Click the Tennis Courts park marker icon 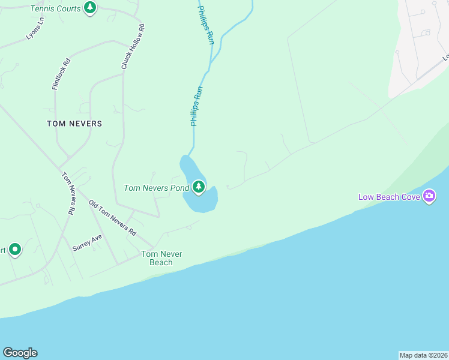pyautogui.click(x=90, y=8)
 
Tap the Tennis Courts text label pyautogui.click(x=56, y=9)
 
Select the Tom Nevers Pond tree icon pyautogui.click(x=199, y=188)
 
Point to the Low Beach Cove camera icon pyautogui.click(x=429, y=196)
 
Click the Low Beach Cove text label pyautogui.click(x=389, y=197)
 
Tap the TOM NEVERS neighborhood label pyautogui.click(x=74, y=124)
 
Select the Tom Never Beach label pyautogui.click(x=161, y=258)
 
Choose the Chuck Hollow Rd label pyautogui.click(x=133, y=46)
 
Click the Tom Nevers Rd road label pyautogui.click(x=68, y=194)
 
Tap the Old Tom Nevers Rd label pyautogui.click(x=113, y=218)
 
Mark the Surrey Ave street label pyautogui.click(x=87, y=242)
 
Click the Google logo pyautogui.click(x=20, y=353)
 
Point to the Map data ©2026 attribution pyautogui.click(x=423, y=355)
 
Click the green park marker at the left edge pyautogui.click(x=14, y=249)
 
